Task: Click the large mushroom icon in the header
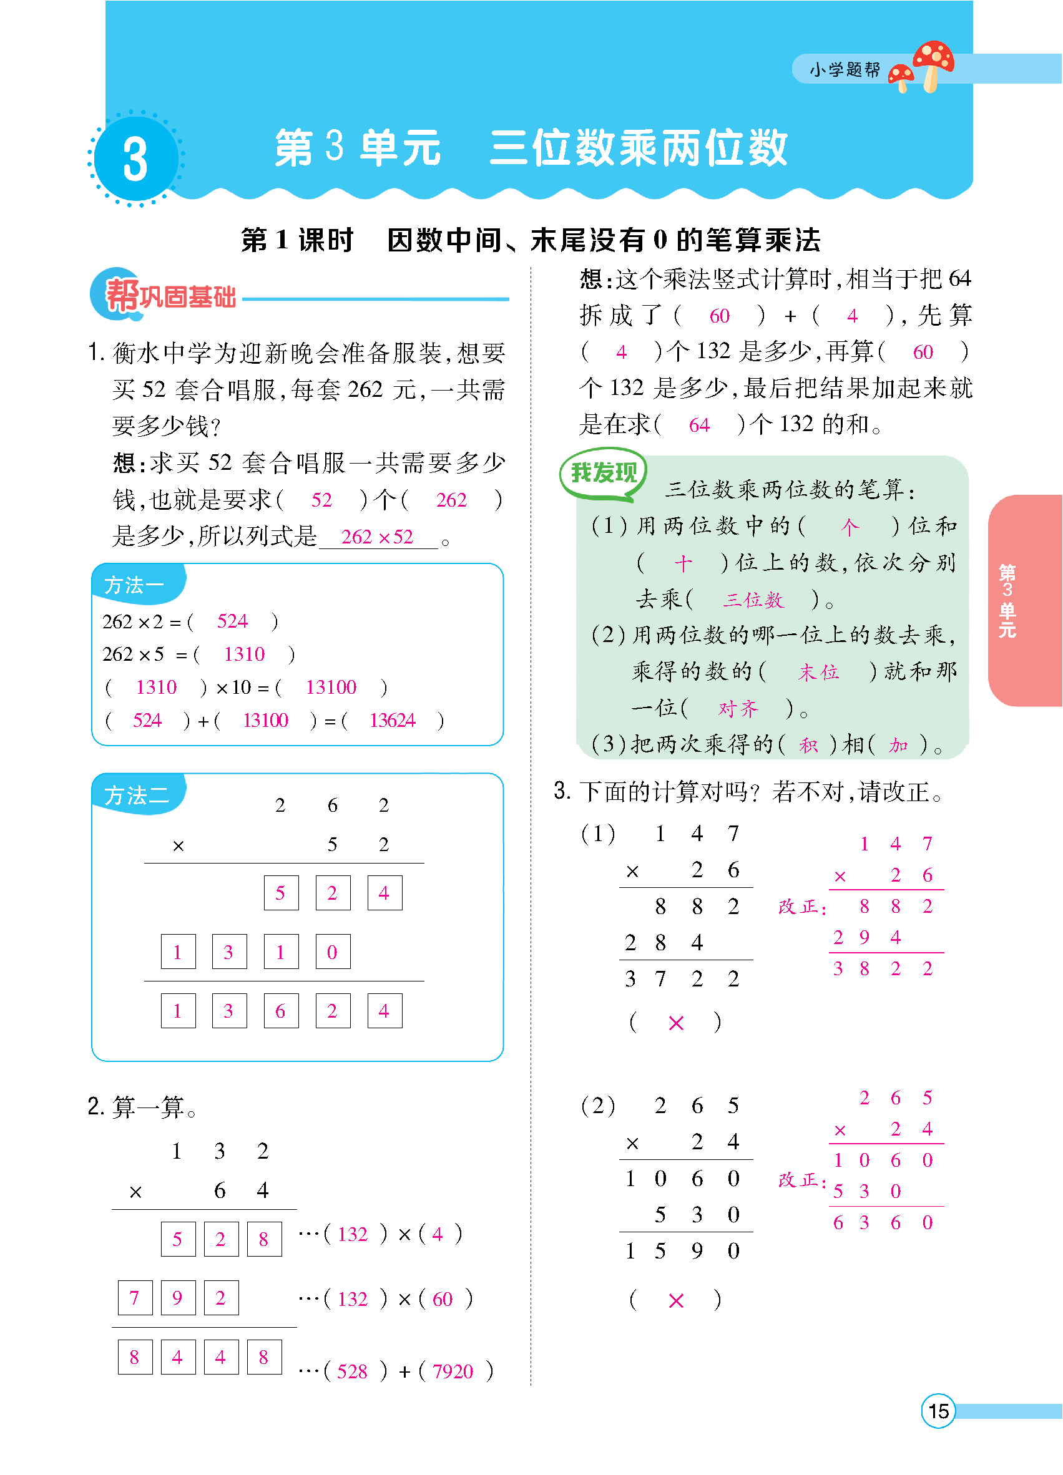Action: pyautogui.click(x=934, y=63)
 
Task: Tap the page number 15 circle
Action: pyautogui.click(x=938, y=1411)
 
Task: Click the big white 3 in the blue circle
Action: pyautogui.click(x=135, y=158)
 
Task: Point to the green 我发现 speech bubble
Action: pyautogui.click(x=603, y=473)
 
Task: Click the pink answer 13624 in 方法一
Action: pyautogui.click(x=392, y=721)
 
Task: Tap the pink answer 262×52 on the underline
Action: pyautogui.click(x=377, y=537)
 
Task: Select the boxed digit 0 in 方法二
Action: pyautogui.click(x=333, y=952)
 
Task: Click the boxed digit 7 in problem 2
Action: pyautogui.click(x=135, y=1298)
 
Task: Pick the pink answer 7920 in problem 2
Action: pyautogui.click(x=453, y=1371)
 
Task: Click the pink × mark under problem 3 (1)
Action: pyautogui.click(x=676, y=1024)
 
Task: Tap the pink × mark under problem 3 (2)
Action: pyautogui.click(x=676, y=1301)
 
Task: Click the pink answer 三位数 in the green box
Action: pyautogui.click(x=753, y=600)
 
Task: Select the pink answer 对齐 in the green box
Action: pyautogui.click(x=738, y=708)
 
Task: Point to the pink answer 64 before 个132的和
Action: pyautogui.click(x=699, y=426)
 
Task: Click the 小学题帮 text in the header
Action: pyautogui.click(x=845, y=70)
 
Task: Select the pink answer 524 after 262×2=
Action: pyautogui.click(x=232, y=621)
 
